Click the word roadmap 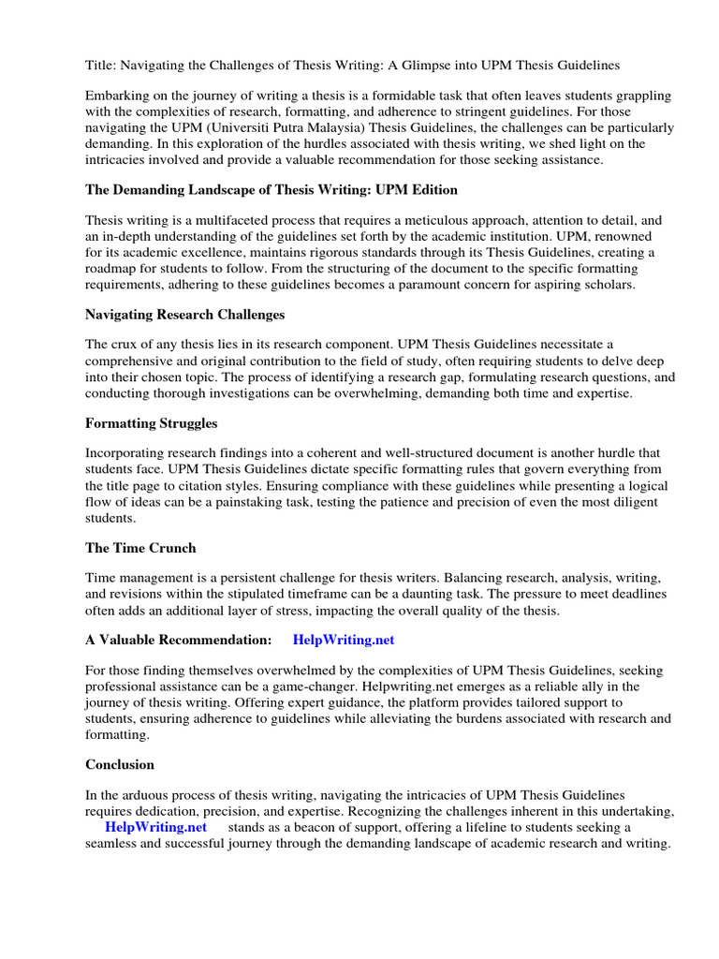coord(113,269)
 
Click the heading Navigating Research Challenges coord(184,315)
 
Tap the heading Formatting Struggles coord(151,423)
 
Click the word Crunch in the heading coord(169,548)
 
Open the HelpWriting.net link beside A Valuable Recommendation coord(344,641)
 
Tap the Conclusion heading coord(120,764)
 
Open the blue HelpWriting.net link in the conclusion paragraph coord(155,828)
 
